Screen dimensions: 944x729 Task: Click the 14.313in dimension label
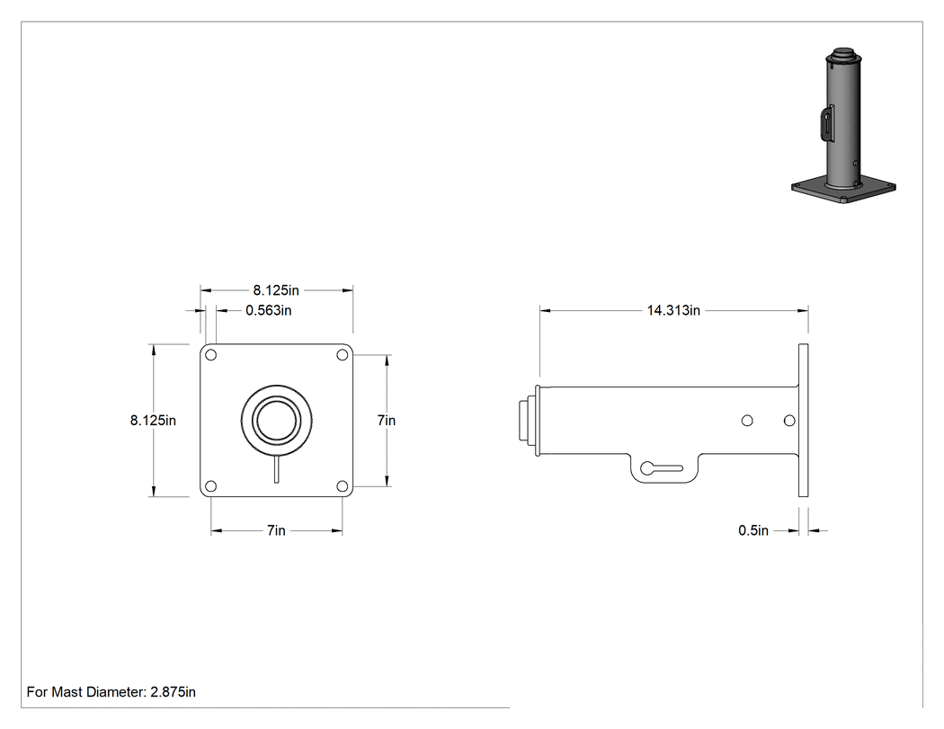[673, 311]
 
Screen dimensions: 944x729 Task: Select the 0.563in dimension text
[269, 311]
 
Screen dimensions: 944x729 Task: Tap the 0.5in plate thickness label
[753, 530]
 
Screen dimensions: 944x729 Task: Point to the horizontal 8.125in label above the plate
[276, 290]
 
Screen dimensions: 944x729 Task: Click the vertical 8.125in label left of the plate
[153, 420]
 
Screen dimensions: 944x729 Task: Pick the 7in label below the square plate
[276, 530]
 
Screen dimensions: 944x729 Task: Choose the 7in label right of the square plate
[387, 420]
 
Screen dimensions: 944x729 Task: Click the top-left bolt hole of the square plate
[210, 355]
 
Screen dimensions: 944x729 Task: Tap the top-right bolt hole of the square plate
[342, 355]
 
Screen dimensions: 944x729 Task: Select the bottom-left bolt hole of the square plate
[210, 485]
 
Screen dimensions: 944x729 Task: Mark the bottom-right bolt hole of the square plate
[342, 485]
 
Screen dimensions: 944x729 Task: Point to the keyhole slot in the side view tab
[661, 467]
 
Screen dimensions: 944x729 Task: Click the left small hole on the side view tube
[747, 420]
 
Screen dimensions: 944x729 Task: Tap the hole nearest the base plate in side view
[789, 420]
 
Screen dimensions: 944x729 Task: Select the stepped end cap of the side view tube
[528, 420]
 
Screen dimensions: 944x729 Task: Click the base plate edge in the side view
[803, 420]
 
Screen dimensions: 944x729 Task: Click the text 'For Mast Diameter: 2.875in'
[111, 692]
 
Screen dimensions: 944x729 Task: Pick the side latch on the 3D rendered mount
[826, 123]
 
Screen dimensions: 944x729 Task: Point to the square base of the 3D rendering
[843, 191]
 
